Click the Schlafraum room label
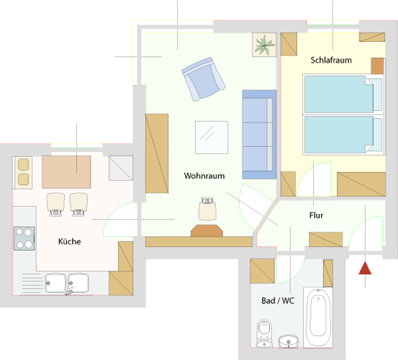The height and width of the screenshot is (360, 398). click(x=331, y=60)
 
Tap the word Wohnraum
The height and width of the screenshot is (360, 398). click(x=204, y=176)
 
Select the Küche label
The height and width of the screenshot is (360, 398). click(x=70, y=241)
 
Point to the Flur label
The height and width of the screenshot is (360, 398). click(x=316, y=215)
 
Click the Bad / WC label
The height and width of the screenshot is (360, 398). click(x=278, y=300)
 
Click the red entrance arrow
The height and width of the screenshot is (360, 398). click(x=365, y=268)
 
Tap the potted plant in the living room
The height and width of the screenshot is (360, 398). click(x=264, y=45)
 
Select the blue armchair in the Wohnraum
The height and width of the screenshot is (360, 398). click(x=203, y=79)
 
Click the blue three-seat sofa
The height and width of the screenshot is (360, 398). click(x=259, y=135)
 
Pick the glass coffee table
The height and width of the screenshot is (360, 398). click(x=212, y=138)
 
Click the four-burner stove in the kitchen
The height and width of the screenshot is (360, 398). click(x=24, y=238)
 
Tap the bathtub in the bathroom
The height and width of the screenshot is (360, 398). click(x=318, y=318)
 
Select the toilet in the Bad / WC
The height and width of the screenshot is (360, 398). click(x=264, y=333)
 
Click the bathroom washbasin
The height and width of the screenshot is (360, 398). click(x=289, y=341)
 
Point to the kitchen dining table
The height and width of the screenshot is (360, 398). click(x=66, y=172)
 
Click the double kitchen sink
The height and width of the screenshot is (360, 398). click(x=67, y=284)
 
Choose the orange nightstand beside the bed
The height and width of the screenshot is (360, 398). click(x=377, y=66)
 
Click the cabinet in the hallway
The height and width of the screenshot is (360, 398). click(x=325, y=240)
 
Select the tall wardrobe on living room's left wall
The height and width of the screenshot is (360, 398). click(x=157, y=153)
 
